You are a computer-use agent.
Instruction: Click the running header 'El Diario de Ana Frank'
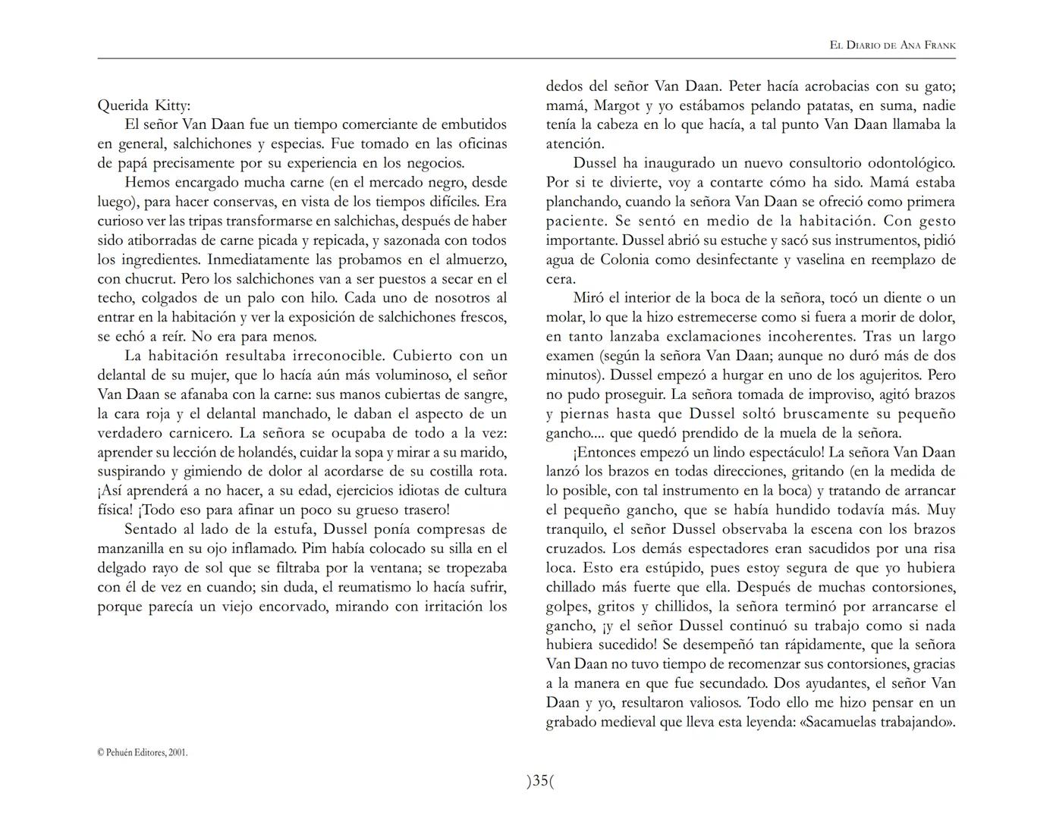coord(892,45)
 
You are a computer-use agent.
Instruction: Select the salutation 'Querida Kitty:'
coord(144,105)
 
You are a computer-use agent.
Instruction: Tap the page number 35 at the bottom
coord(540,780)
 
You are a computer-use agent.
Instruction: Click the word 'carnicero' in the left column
coord(197,433)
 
